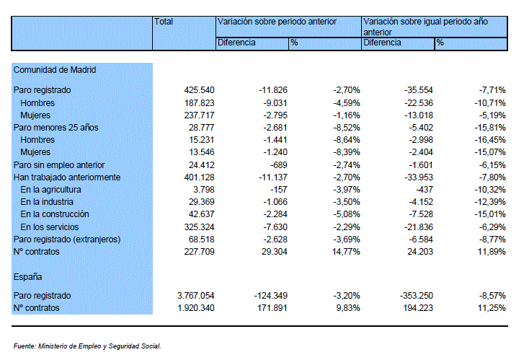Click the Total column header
pos(164,22)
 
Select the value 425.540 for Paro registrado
pos(199,90)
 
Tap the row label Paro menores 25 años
pos(55,128)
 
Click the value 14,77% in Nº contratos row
pos(346,252)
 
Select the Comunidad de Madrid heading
pos(55,70)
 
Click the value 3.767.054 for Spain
pos(196,296)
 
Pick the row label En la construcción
pos(55,214)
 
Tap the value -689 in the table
pos(279,165)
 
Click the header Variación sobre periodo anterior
pos(277,22)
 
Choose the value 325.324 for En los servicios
pos(199,227)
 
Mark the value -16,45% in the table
pos(490,140)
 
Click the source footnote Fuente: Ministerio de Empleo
pos(87,346)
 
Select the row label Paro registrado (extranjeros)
pos(67,240)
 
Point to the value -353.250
pos(416,296)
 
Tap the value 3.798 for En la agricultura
pos(204,190)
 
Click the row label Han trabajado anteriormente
pos(67,177)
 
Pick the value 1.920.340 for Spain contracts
pos(196,308)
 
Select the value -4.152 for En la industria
pos(421,202)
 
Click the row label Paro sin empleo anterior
pos(59,165)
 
